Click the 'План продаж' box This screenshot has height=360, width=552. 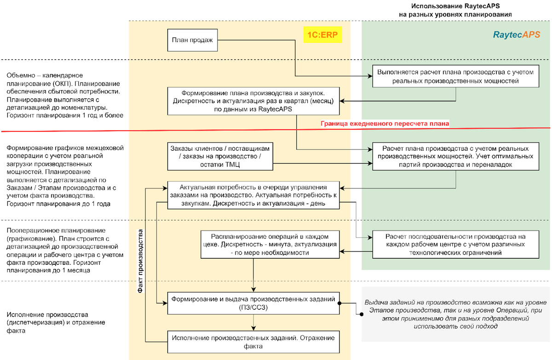(x=192, y=40)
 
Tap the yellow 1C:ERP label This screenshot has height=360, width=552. (x=322, y=35)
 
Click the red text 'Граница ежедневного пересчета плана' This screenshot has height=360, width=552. (x=385, y=124)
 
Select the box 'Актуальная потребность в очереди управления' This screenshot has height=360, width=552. (x=253, y=195)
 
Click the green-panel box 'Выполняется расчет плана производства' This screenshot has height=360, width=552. (x=455, y=76)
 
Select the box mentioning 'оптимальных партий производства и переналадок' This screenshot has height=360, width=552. (x=455, y=157)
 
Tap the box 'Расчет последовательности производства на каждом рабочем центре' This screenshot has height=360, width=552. (x=455, y=244)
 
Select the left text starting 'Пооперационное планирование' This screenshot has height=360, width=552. (x=63, y=250)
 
